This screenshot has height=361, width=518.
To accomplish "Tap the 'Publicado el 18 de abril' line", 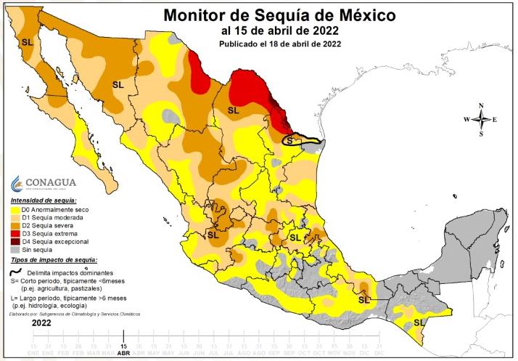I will coord(280,44).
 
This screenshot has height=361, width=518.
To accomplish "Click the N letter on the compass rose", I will coord(481,106).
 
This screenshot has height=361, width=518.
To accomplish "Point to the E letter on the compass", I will coord(495,120).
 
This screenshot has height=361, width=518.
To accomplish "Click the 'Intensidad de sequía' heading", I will coord(44,200).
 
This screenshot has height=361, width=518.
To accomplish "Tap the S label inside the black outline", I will coord(289,139).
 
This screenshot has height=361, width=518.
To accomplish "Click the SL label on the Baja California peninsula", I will coord(28,42).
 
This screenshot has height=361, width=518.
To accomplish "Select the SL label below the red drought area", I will coord(234,110).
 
